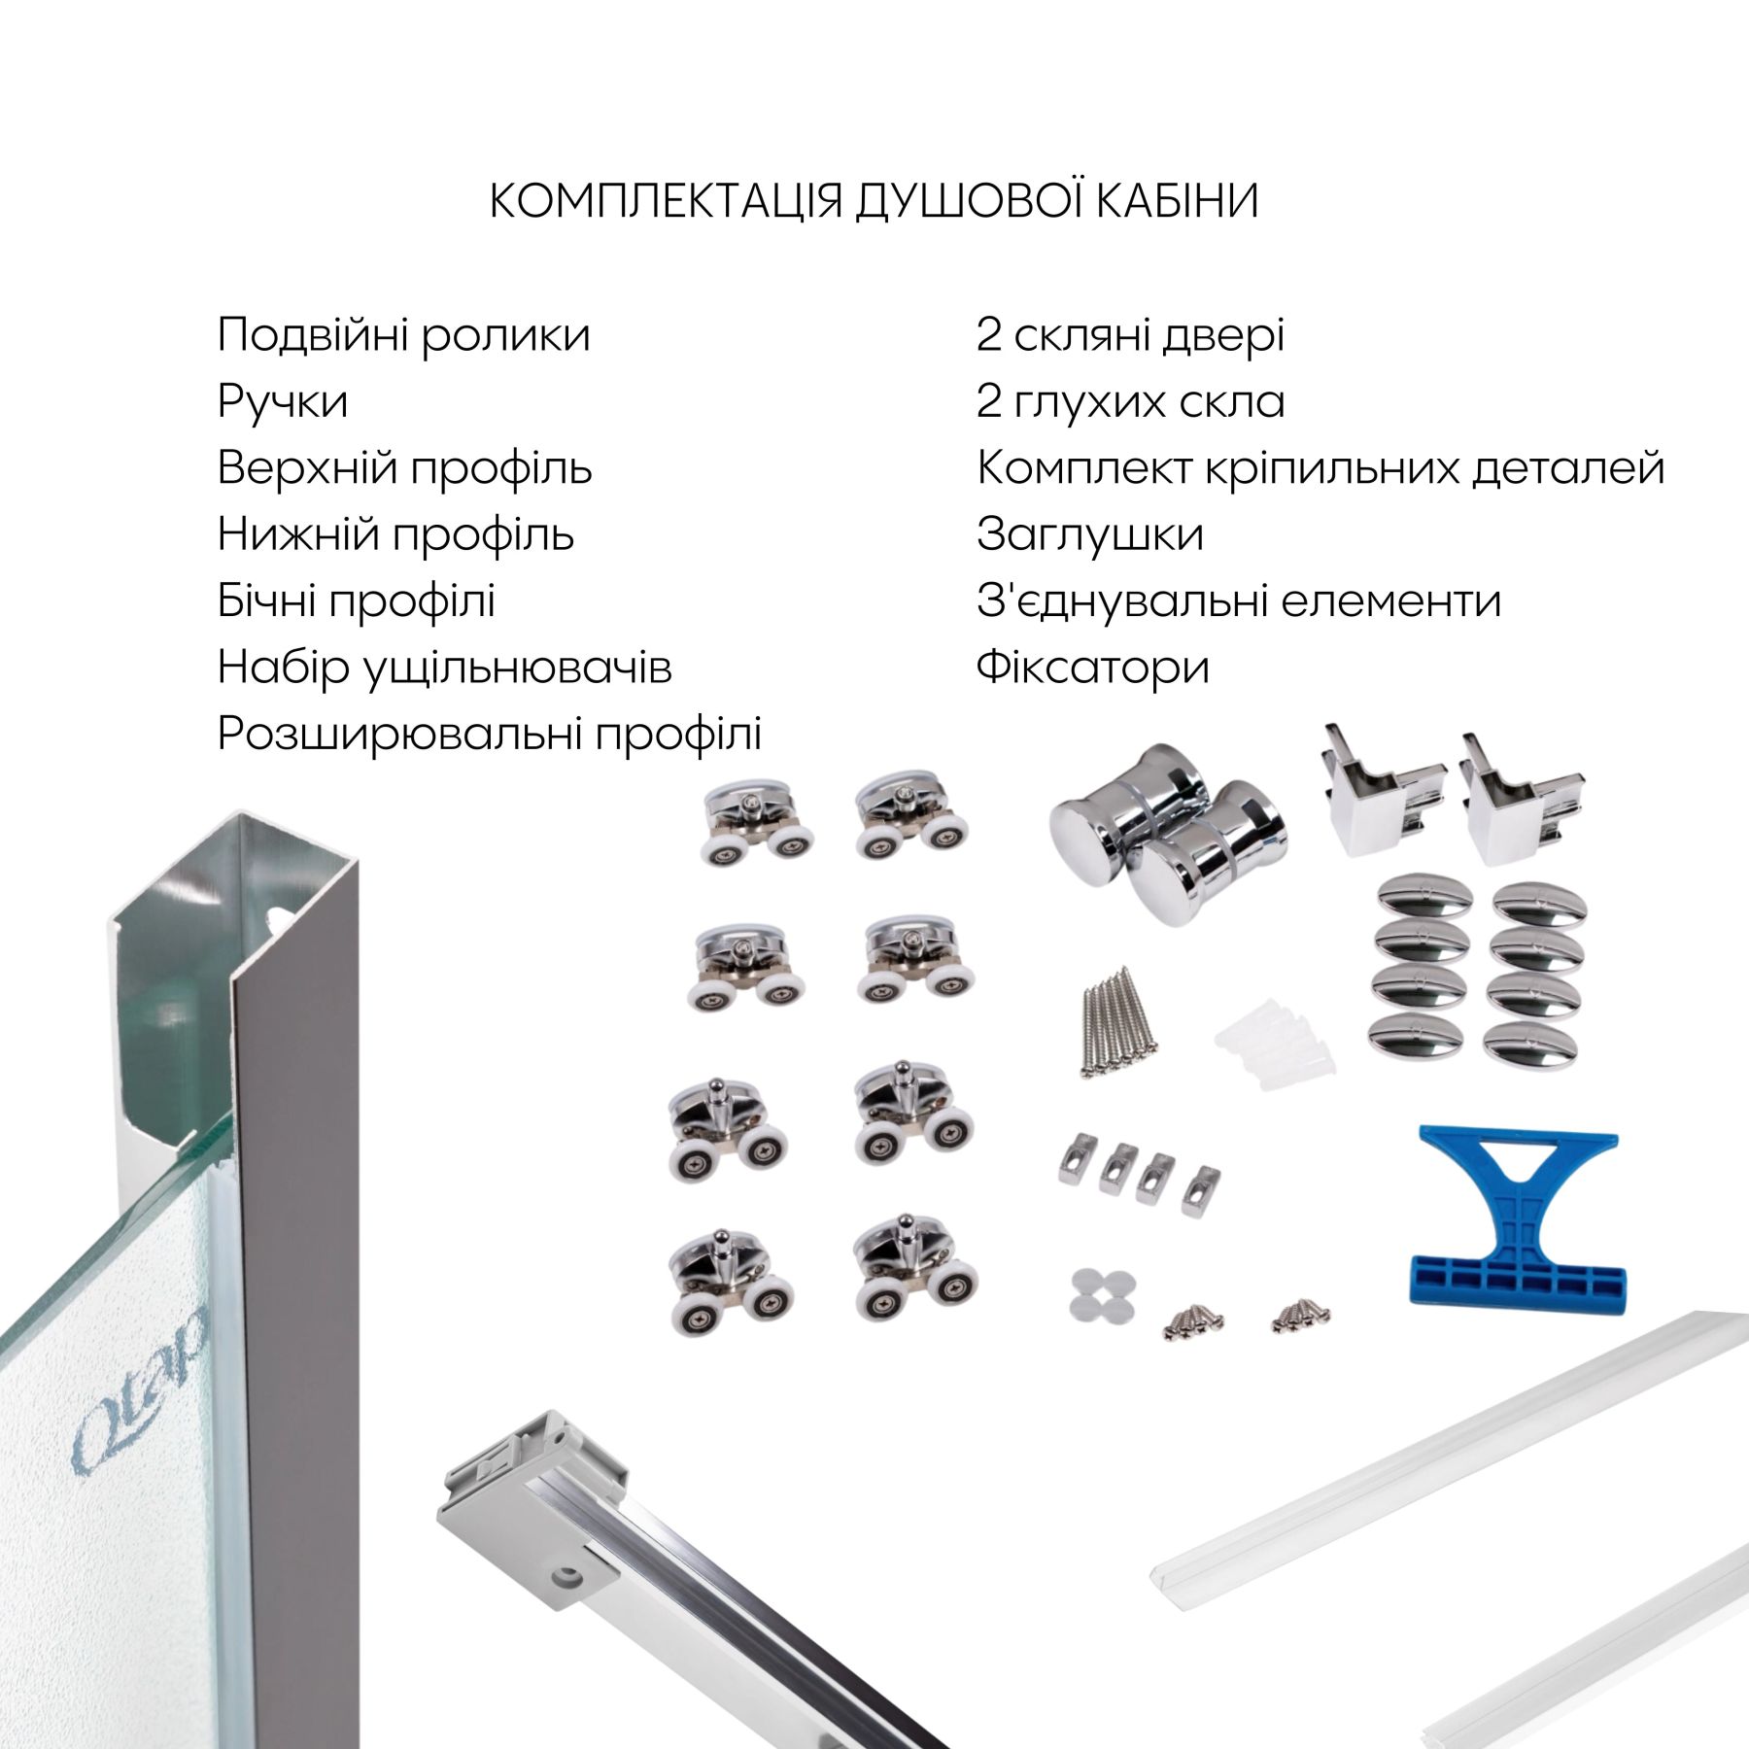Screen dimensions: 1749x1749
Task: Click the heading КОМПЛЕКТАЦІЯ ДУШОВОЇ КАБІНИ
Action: pyautogui.click(x=874, y=200)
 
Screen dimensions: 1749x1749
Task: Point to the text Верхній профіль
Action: pyautogui.click(x=404, y=468)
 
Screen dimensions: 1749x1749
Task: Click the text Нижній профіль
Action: pyautogui.click(x=395, y=534)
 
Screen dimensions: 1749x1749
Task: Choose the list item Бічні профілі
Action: pyautogui.click(x=357, y=600)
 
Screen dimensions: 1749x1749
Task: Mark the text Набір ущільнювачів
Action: pyautogui.click(x=445, y=668)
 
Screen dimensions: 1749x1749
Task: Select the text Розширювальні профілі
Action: pyautogui.click(x=490, y=734)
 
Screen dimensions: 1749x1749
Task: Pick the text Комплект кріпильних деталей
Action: pyautogui.click(x=1320, y=468)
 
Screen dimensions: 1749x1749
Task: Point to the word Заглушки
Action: pyautogui.click(x=1090, y=534)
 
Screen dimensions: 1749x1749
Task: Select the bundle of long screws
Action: pyautogui.click(x=1117, y=1020)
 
